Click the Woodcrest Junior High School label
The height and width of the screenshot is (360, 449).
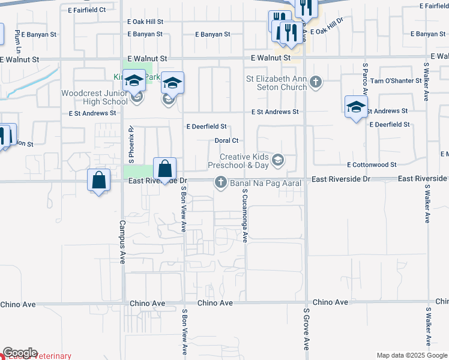[x=94, y=97]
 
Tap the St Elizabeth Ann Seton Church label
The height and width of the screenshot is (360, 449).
[x=276, y=83]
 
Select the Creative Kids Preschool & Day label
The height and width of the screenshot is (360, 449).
[x=238, y=160]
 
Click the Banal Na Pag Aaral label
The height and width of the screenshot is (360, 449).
[x=265, y=182]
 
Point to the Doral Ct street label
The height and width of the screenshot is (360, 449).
[x=227, y=140]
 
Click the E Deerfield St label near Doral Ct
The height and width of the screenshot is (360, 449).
[x=206, y=127]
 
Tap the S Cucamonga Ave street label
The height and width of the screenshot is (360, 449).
[x=245, y=215]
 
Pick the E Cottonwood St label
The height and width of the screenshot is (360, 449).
[x=372, y=164]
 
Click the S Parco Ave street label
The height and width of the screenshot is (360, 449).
[x=364, y=79]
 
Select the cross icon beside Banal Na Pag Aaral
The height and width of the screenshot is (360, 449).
[x=221, y=182]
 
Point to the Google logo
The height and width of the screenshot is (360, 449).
[x=20, y=353]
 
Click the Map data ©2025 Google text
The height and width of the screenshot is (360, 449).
[x=411, y=355]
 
